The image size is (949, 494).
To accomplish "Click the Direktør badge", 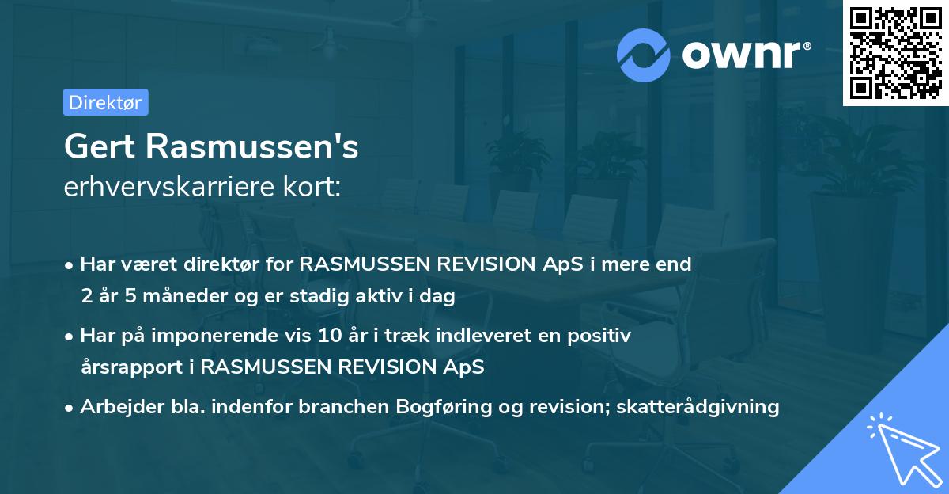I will [x=105, y=102].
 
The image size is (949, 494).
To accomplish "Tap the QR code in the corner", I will [x=895, y=53].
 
